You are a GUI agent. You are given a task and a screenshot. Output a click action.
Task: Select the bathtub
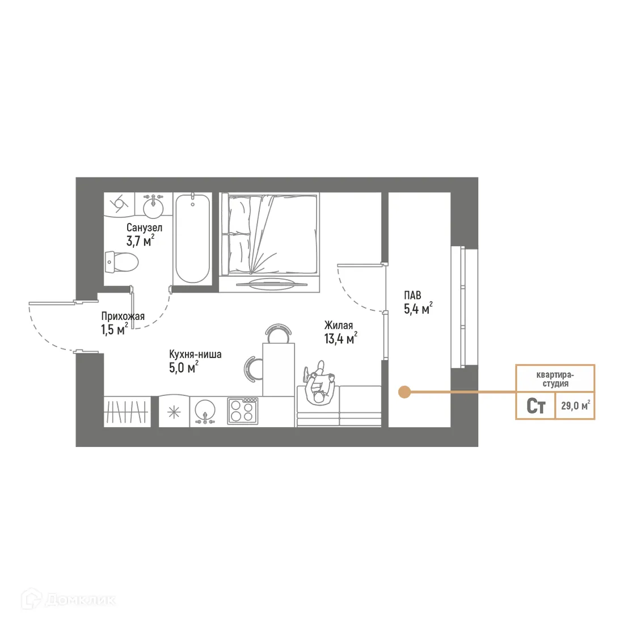192,238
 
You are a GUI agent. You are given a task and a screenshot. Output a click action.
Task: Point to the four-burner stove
243,410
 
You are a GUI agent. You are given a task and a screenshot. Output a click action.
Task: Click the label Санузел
144,227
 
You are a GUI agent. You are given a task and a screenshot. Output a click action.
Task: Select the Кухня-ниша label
195,354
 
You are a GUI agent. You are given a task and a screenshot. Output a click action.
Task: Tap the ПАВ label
412,295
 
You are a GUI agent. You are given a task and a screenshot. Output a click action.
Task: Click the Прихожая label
123,317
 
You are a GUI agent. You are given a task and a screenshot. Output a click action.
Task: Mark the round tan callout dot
404,391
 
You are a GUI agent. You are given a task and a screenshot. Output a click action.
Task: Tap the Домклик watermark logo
69,599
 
